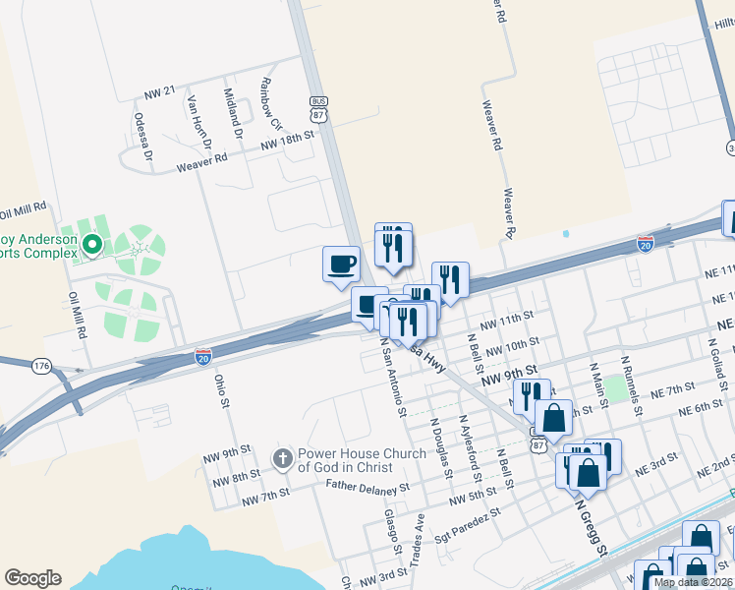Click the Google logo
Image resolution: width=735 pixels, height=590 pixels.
[32, 578]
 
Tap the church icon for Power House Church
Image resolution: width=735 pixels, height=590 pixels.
[282, 458]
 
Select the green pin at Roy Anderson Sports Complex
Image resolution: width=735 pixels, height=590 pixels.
[91, 243]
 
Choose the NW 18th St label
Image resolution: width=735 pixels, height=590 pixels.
[286, 142]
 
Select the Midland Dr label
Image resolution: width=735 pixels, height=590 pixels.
[233, 111]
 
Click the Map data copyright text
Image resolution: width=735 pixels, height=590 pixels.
[692, 582]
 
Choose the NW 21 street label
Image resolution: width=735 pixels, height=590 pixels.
[159, 91]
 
